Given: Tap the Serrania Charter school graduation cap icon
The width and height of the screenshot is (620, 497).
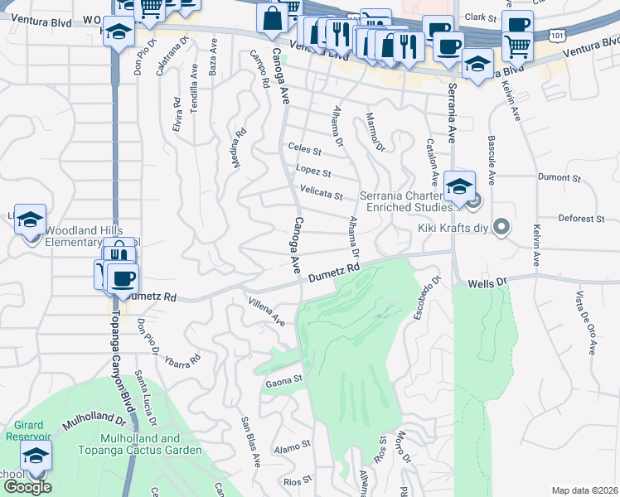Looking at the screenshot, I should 458,186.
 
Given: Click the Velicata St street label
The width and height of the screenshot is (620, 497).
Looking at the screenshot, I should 321,195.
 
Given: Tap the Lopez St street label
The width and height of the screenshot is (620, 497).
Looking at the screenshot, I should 315,173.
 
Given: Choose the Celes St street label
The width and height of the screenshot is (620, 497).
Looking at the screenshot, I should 304,149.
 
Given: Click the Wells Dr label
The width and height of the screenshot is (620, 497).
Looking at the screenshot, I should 486,283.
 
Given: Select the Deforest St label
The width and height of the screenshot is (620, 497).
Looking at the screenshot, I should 582,219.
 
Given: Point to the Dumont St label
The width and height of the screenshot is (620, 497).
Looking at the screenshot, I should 559,177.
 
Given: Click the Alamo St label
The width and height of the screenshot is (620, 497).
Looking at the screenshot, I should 294,444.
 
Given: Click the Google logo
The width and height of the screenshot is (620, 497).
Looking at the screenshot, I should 27,487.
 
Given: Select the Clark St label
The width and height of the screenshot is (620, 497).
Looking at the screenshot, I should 479,17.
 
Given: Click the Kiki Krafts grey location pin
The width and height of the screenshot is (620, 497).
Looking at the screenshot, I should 501,226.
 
